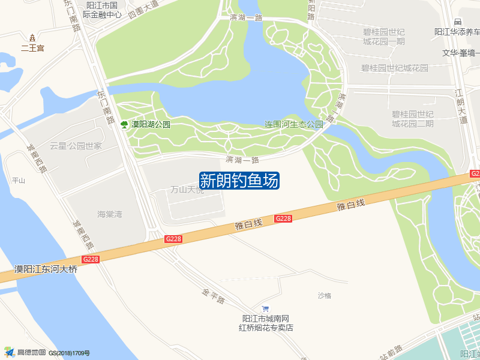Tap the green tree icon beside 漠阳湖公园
pyautogui.click(x=124, y=125)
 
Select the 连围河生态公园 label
pyautogui.click(x=294, y=125)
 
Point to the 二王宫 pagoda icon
pyautogui.click(x=32, y=38)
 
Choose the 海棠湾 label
pyautogui.click(x=110, y=214)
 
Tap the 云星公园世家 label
pyautogui.click(x=76, y=146)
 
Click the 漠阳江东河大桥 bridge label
pyautogui.click(x=46, y=269)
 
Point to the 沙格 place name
pyautogui.click(x=325, y=295)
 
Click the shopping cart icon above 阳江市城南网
pyautogui.click(x=266, y=308)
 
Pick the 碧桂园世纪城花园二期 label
pyautogui.click(x=413, y=119)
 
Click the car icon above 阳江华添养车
pyautogui.click(x=458, y=22)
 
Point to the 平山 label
pyautogui.click(x=19, y=181)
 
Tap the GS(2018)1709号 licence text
pyautogui.click(x=69, y=353)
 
